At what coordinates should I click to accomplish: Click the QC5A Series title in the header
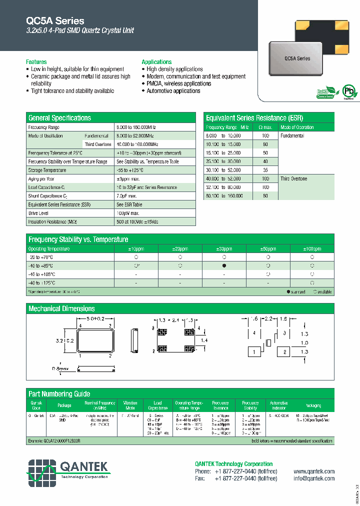[x=55, y=21]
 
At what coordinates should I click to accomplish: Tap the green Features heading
[x=36, y=62]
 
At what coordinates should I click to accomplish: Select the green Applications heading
[x=156, y=62]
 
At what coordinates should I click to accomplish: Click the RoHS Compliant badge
[x=325, y=93]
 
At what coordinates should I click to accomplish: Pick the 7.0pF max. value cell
[x=128, y=196]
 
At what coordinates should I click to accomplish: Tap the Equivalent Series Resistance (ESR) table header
[x=252, y=118]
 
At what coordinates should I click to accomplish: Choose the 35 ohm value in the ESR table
[x=265, y=170]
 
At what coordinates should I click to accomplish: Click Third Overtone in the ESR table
[x=293, y=178]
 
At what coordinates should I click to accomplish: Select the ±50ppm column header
[x=268, y=248]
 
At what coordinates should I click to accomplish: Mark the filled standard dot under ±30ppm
[x=224, y=265]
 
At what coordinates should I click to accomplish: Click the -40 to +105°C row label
[x=42, y=274]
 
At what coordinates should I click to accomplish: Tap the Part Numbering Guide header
[x=59, y=394]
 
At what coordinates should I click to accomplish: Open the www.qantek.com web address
[x=314, y=471]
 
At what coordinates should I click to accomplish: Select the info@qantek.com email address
[x=314, y=478]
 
